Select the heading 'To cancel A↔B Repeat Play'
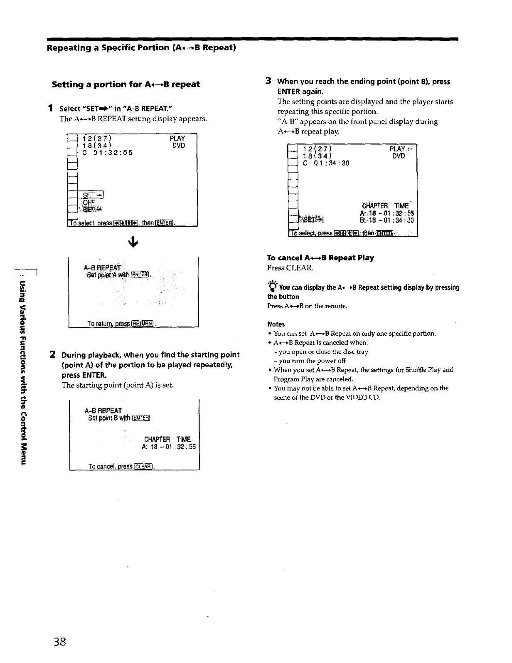pyautogui.click(x=320, y=258)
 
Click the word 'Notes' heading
pyautogui.click(x=276, y=324)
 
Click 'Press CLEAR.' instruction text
pyautogui.click(x=290, y=268)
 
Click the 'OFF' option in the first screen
pyautogui.click(x=89, y=202)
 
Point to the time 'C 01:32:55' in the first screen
pyautogui.click(x=108, y=153)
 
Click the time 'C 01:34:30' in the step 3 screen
pyautogui.click(x=326, y=163)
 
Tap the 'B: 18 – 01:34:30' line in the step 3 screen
pyautogui.click(x=386, y=220)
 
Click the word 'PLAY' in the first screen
pyautogui.click(x=177, y=138)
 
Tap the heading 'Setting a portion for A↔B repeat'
pyautogui.click(x=126, y=84)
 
